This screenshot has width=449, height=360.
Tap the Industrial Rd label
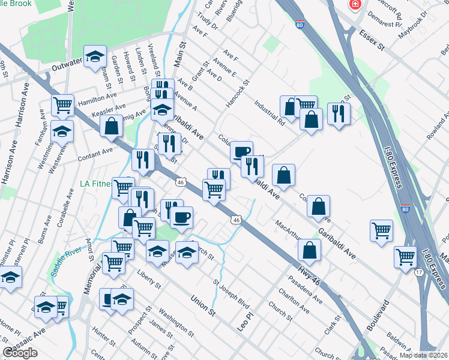268,110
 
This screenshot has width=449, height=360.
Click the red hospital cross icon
356,4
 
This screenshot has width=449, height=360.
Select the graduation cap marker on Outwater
95,56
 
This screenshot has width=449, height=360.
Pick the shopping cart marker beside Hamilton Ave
62,105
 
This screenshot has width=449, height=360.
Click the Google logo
20,353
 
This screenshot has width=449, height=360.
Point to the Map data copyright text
423,355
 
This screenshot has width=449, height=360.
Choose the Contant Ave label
95,157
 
